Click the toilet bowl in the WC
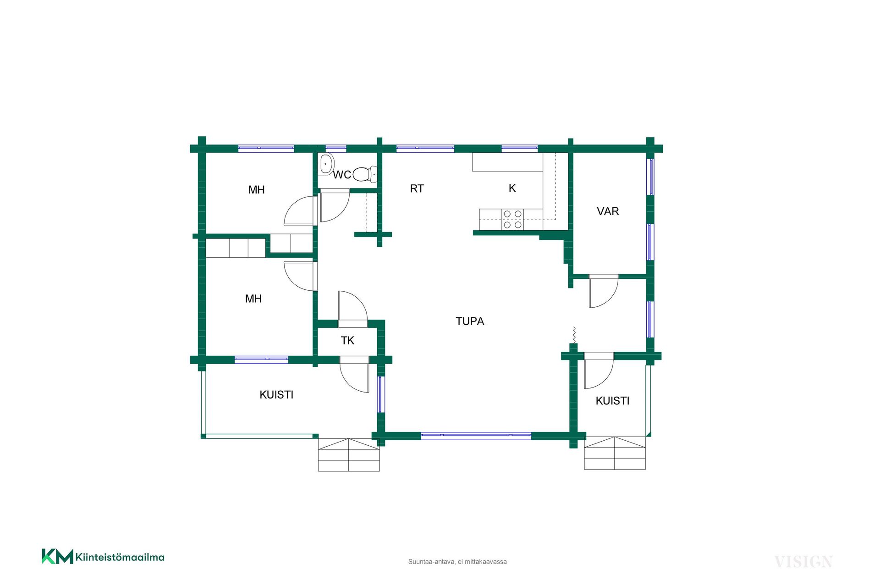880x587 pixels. point(364,174)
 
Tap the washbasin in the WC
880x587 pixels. point(326,164)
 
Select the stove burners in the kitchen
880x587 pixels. point(513,219)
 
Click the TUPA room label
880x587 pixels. point(470,321)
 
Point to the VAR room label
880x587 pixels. point(608,211)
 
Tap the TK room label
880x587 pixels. point(347,340)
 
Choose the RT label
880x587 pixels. point(417,188)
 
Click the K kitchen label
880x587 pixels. point(512,188)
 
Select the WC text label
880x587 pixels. point(342,175)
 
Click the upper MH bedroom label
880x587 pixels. point(257,190)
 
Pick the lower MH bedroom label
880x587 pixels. point(253,299)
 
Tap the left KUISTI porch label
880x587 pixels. point(276,395)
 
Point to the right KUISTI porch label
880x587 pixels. point(612,401)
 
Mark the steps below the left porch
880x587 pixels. point(349,455)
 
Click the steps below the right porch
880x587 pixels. point(615,453)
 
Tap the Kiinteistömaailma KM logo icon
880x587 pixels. point(57,556)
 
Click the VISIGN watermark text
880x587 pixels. point(803,562)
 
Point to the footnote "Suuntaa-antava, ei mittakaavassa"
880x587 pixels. point(457,562)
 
